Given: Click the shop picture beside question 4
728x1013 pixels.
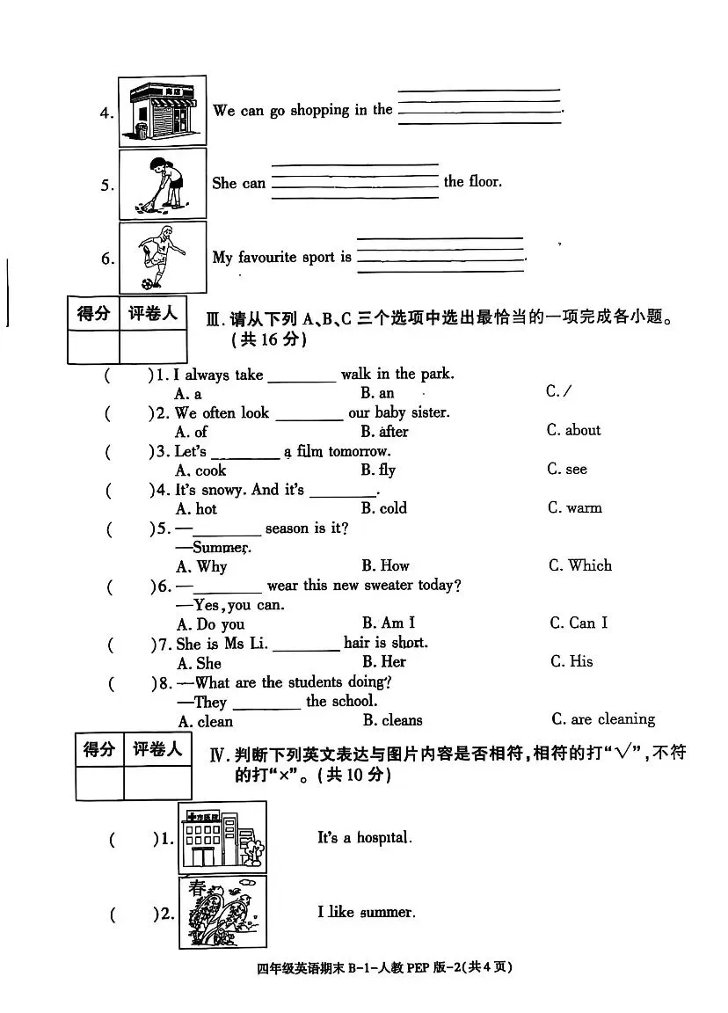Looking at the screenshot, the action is coord(163,111).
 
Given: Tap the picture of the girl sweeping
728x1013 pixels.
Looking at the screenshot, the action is coord(163,183).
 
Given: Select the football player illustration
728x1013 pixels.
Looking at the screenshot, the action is coord(163,257).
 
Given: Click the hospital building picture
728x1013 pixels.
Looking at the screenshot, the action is coord(222,837).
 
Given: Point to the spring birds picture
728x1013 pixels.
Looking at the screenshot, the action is coord(222,912).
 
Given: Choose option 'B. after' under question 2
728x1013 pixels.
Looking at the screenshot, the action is coord(384,431).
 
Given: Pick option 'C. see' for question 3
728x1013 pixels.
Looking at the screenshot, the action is coord(566,469).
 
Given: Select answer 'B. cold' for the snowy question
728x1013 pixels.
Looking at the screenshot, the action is coord(384,507).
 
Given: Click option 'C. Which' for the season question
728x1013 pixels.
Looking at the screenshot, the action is coord(579,565).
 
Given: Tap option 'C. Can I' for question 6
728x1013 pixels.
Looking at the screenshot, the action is coord(578,623).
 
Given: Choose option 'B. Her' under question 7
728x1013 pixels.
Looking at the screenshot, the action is coord(383,661).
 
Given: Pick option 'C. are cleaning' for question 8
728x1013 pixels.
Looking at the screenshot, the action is coord(602,719).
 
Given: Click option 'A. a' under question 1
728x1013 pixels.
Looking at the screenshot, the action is coord(188,394).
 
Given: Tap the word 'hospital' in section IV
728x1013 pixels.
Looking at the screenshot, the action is coord(384,838).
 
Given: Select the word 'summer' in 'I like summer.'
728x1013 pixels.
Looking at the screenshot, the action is coord(387,913).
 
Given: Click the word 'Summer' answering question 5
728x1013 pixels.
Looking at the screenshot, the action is coord(221,547).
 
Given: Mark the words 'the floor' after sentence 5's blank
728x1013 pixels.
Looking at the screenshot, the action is coord(473,182).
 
